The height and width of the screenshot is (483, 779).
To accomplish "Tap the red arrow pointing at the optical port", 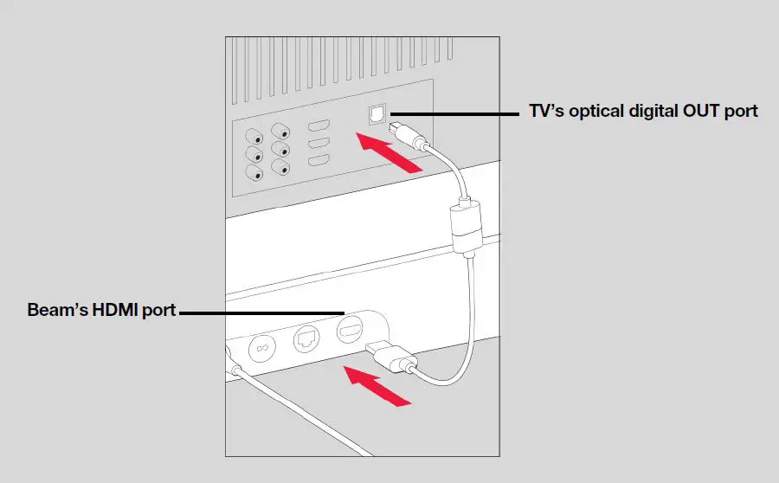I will pos(390,153).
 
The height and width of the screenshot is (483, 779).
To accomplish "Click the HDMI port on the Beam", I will pos(349,329).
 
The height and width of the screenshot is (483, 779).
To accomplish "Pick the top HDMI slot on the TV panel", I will pos(319,126).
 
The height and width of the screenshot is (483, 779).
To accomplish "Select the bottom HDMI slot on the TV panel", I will pos(319,161).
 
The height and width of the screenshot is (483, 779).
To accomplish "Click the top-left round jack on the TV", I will pos(255,137).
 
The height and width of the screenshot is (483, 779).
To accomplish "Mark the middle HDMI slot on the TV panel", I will pos(319,144).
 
